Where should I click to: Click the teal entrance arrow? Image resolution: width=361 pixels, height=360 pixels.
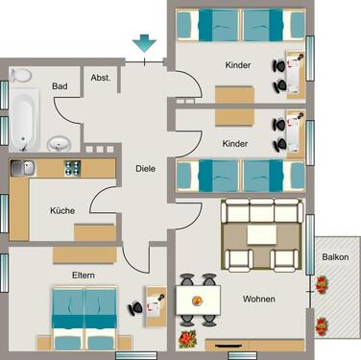tap(144, 43)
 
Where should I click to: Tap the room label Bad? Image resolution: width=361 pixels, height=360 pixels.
tap(60, 85)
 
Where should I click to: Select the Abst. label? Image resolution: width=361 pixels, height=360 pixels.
tap(100, 79)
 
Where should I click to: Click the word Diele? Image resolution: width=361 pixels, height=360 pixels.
tap(146, 166)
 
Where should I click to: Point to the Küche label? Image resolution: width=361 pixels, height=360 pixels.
tap(63, 210)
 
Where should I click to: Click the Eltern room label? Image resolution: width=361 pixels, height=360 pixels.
tap(83, 275)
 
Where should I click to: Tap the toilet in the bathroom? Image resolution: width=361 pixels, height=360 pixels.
tap(20, 73)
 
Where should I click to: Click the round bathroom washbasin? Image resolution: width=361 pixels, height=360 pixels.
tap(60, 144)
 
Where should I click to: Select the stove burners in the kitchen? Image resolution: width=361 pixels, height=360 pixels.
tap(71, 169)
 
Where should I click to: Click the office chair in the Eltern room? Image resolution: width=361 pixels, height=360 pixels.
tap(137, 307)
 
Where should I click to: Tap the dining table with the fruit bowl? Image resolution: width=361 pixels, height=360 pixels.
tap(199, 300)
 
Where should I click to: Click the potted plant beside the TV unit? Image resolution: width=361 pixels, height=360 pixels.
tap(188, 339)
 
